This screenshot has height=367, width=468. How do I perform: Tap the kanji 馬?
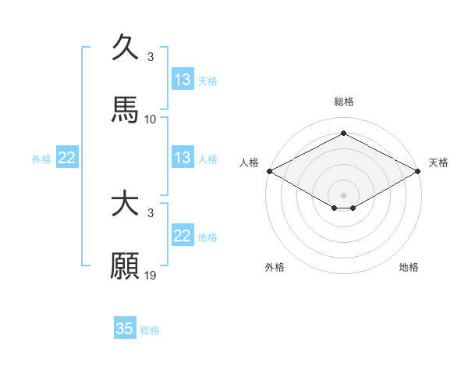125,110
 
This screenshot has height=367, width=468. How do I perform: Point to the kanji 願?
125,266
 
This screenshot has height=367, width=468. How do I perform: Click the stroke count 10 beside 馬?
151,119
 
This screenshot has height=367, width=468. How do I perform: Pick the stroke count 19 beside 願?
151,276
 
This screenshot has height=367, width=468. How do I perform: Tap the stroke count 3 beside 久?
151,57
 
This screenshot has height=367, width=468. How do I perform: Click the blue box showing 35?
125,329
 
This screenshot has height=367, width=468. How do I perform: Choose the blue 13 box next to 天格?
183,80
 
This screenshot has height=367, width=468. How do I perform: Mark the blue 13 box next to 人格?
183,158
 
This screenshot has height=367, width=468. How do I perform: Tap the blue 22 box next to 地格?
183,236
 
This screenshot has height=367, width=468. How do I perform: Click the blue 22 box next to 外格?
67,158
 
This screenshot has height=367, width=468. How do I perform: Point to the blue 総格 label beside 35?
150,330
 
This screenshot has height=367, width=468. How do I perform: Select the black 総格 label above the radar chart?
344,102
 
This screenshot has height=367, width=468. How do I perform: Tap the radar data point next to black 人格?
269,170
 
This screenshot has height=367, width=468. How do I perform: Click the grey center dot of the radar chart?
344,194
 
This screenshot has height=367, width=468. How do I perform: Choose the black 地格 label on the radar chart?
409,268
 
